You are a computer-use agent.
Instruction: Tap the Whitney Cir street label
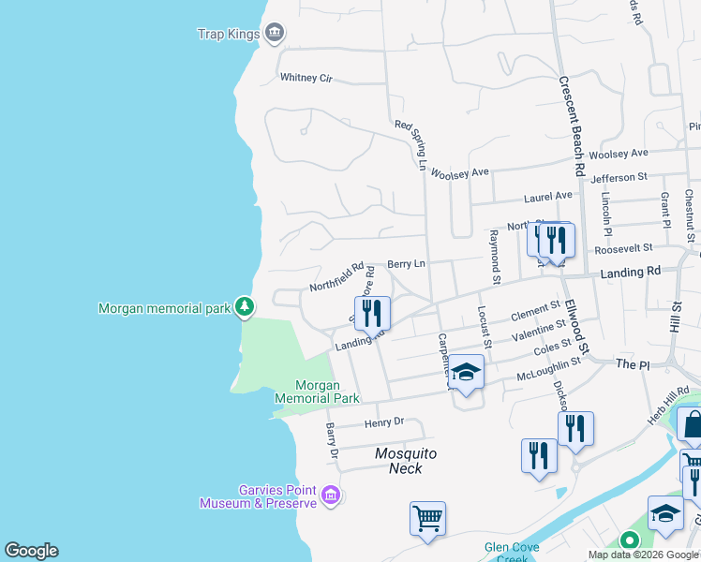[x=306, y=78]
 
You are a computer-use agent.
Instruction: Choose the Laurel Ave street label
[x=547, y=197]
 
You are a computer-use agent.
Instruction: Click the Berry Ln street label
[x=406, y=266]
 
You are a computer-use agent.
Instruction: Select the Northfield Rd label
[x=336, y=276]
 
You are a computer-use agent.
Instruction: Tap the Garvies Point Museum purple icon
[x=330, y=495]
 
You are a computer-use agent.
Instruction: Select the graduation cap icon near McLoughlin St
[x=466, y=372]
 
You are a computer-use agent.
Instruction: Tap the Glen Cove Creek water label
[x=507, y=552]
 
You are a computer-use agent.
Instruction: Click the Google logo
[x=31, y=551]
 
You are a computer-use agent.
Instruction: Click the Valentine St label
[x=538, y=328]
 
